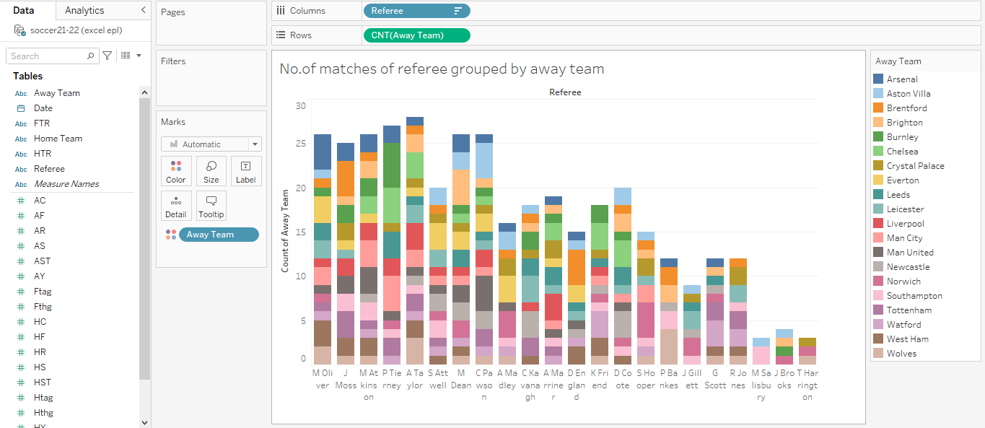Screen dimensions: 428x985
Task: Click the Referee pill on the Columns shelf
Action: coord(408,11)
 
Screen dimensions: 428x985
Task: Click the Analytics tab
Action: coord(84,10)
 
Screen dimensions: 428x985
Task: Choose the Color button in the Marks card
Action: coord(175,171)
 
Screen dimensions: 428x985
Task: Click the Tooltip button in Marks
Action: coord(211,206)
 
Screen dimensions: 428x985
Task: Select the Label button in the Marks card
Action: coord(246,171)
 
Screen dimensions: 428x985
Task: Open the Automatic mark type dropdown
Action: coord(211,144)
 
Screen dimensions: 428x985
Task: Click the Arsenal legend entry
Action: coord(902,79)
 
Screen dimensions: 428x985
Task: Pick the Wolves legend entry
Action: coord(901,354)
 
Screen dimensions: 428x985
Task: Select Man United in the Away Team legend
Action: coord(909,253)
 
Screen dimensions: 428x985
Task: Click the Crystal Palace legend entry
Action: coord(915,166)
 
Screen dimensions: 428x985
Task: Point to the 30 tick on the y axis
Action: coord(301,106)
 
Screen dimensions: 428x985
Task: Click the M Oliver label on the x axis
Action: coord(322,379)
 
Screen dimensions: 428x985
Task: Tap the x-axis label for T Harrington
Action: coord(807,385)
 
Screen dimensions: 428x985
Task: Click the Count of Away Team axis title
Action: coord(285,231)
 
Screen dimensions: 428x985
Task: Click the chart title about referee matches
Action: coord(442,69)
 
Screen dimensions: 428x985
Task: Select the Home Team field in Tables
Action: coord(58,139)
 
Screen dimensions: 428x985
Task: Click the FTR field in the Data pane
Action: coord(42,123)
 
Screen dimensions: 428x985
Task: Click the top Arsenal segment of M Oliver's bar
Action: coord(322,152)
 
